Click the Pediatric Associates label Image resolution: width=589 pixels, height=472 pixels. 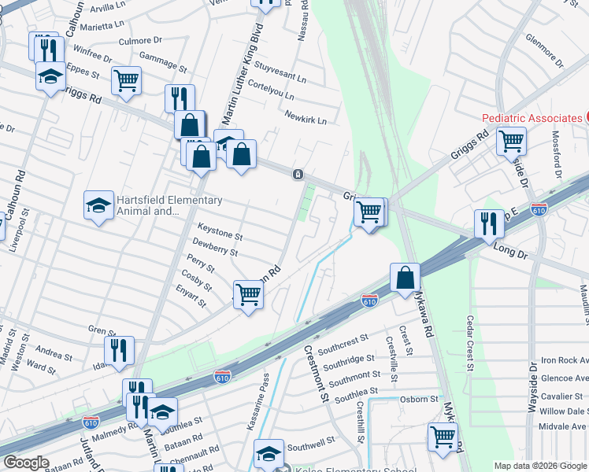click(x=532, y=118)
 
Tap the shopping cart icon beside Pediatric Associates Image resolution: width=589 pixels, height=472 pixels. click(x=512, y=142)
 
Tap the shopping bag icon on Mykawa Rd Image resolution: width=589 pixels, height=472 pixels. click(x=405, y=278)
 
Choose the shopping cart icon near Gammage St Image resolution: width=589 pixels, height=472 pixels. click(x=126, y=80)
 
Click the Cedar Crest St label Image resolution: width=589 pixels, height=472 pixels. click(x=469, y=343)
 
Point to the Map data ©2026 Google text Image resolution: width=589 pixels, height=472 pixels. click(x=539, y=466)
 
